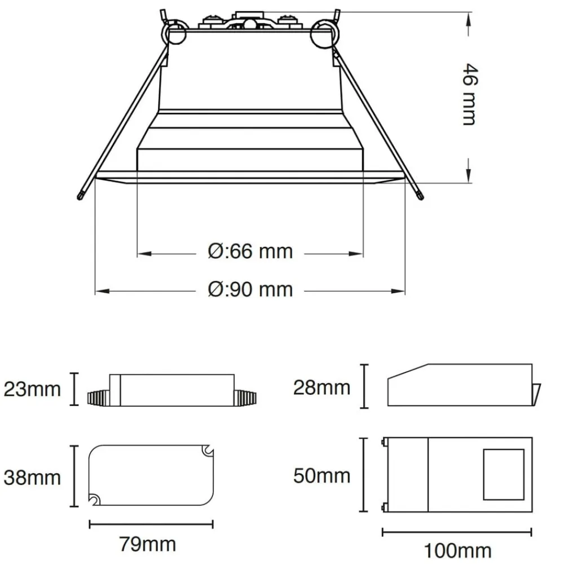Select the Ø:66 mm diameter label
tap(250, 251)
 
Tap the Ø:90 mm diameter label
tap(250, 289)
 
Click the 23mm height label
tap(32, 389)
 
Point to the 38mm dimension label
tap(32, 478)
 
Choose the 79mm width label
tap(148, 544)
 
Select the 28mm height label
tap(321, 387)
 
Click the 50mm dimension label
tap(321, 475)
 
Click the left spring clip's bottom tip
tap(81, 195)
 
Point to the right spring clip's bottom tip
tap(420, 195)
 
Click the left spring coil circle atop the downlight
tap(177, 34)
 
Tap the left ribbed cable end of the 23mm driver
tap(99, 397)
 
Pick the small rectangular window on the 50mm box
tap(504, 474)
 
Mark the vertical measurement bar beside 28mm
tap(364, 387)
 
